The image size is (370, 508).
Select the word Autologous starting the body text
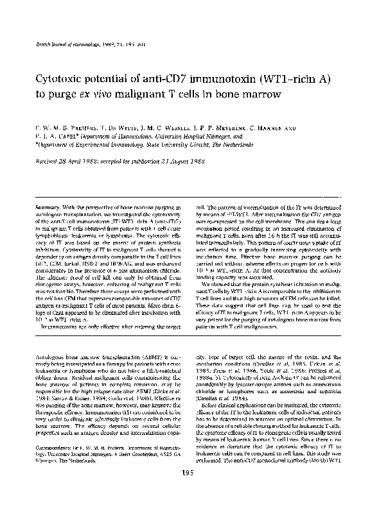tap(55, 355)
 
